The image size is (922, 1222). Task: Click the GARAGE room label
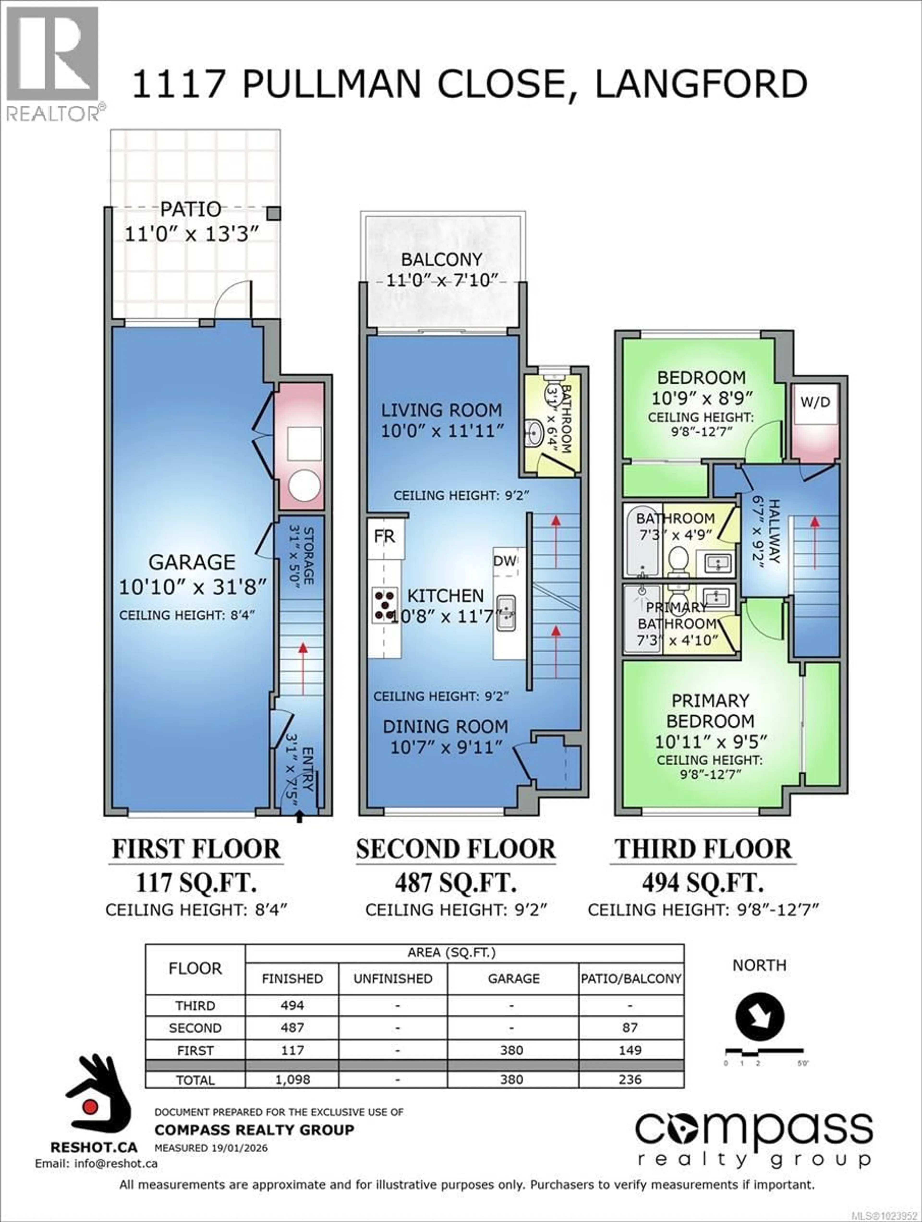[x=192, y=562]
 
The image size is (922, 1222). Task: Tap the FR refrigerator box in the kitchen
[x=385, y=536]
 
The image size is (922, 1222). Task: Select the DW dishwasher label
[x=505, y=561]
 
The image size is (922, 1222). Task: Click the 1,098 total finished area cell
[x=292, y=1079]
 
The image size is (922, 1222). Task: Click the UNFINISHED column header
[x=393, y=978]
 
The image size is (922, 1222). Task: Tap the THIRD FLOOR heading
[x=703, y=849]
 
